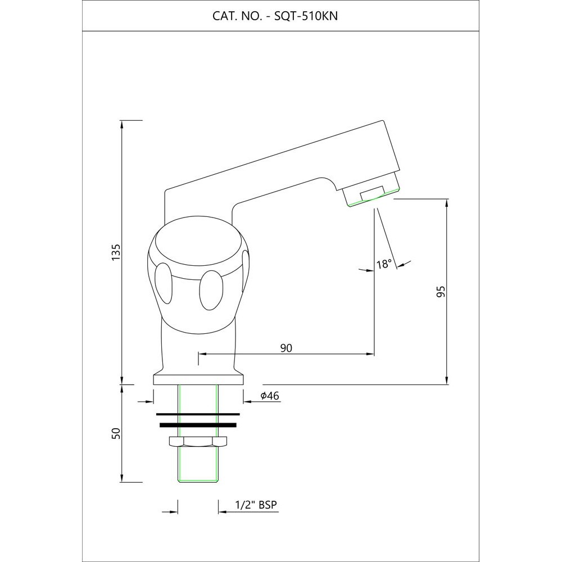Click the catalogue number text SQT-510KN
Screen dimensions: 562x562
[306, 16]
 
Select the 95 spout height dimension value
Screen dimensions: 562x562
[441, 291]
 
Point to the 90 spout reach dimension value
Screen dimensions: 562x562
[286, 348]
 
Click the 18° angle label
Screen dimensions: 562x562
[384, 264]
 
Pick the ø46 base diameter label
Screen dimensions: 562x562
[270, 396]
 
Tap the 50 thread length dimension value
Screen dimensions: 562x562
[116, 433]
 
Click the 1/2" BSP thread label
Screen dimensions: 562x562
[256, 505]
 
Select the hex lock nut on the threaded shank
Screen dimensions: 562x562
[197, 442]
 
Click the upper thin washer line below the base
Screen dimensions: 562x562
[198, 414]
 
